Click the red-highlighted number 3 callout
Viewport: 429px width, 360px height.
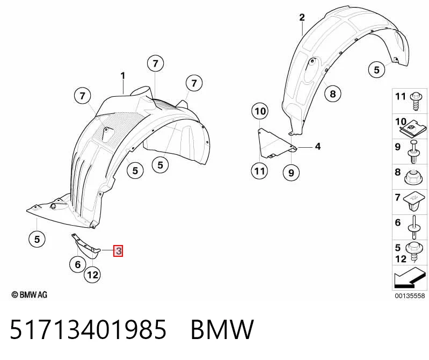[x=118, y=250]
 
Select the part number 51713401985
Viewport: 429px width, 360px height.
[x=88, y=329]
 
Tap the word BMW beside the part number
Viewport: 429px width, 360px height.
[x=222, y=329]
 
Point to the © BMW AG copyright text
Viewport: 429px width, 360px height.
[x=30, y=294]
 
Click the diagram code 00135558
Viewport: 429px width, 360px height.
[x=410, y=296]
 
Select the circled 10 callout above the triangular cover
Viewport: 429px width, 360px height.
[x=260, y=111]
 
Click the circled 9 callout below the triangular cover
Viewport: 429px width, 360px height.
[x=291, y=172]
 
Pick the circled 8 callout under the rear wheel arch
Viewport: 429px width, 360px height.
[x=333, y=94]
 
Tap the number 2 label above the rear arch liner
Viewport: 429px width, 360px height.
[x=302, y=18]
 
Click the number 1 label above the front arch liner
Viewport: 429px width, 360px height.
[x=123, y=76]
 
